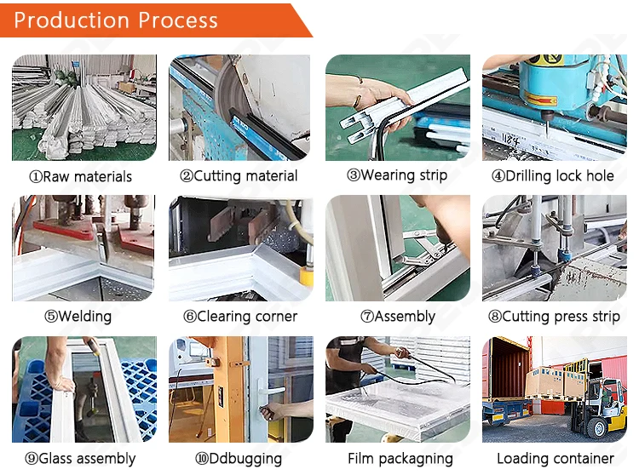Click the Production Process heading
pyautogui.click(x=116, y=20)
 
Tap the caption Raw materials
pyautogui.click(x=81, y=176)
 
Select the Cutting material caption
pyautogui.click(x=239, y=176)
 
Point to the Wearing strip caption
pyautogui.click(x=397, y=176)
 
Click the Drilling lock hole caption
pyautogui.click(x=553, y=176)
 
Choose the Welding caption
pyautogui.click(x=78, y=317)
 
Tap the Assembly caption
pyautogui.click(x=398, y=317)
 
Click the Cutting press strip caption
pyautogui.click(x=554, y=317)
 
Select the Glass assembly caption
pyautogui.click(x=80, y=458)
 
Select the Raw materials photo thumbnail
pyautogui.click(x=83, y=108)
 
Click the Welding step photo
pyautogui.click(x=83, y=249)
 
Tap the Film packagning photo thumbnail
pyautogui.click(x=397, y=389)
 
